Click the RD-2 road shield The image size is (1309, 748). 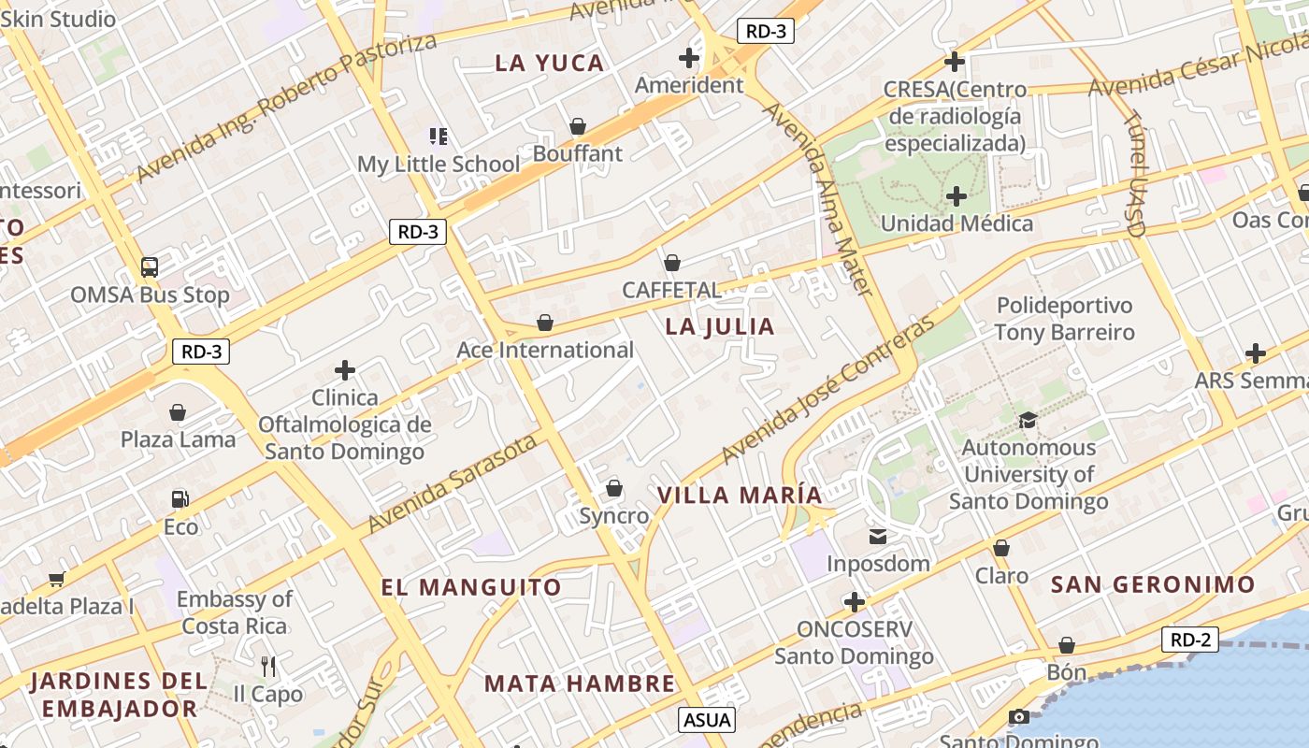[1191, 640]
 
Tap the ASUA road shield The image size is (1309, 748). [707, 720]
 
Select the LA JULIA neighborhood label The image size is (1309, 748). [720, 326]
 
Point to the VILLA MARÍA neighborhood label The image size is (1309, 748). [740, 495]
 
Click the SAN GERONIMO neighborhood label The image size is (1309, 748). [1153, 584]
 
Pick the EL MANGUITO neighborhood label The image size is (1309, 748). [471, 587]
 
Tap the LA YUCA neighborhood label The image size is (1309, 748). [550, 63]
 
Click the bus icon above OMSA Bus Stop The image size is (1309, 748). [150, 267]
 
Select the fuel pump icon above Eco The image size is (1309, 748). [180, 500]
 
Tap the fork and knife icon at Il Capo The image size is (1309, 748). [268, 667]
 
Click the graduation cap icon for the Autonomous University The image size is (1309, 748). [1028, 420]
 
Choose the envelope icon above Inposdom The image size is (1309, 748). [878, 537]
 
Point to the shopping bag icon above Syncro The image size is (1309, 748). [614, 488]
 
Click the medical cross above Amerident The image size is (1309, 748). [689, 58]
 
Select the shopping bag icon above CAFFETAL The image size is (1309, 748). [671, 263]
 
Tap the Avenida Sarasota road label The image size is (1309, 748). [453, 483]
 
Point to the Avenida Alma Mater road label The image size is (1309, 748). [819, 198]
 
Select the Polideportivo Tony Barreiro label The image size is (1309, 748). [1064, 319]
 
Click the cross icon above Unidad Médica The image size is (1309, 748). [957, 196]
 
